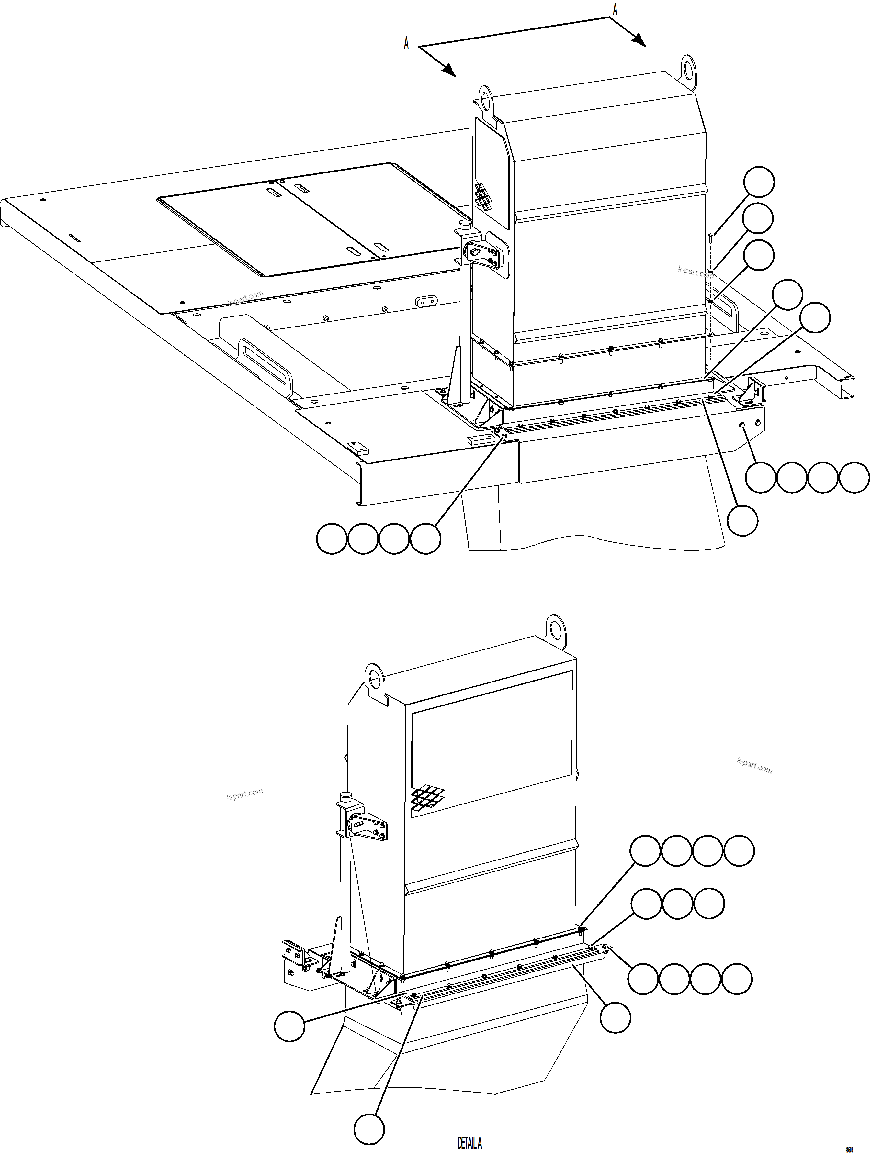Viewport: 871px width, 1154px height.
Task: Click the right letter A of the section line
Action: click(615, 10)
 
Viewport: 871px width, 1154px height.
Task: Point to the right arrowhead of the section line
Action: click(640, 41)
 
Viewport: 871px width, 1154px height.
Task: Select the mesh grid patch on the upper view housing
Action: click(483, 197)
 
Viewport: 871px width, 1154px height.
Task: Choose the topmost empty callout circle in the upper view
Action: click(759, 182)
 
